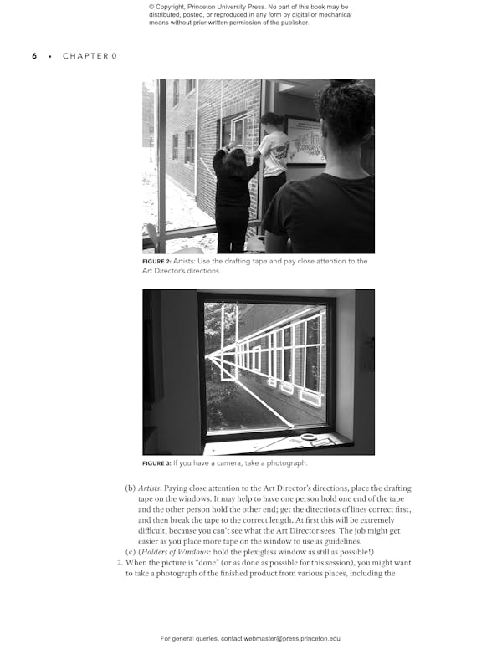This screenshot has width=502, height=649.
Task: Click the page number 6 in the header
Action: pos(34,56)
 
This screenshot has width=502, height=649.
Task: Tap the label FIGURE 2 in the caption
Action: pos(160,262)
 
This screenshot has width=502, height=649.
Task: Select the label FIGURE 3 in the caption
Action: pos(160,463)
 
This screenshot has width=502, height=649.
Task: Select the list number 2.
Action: pos(119,563)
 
